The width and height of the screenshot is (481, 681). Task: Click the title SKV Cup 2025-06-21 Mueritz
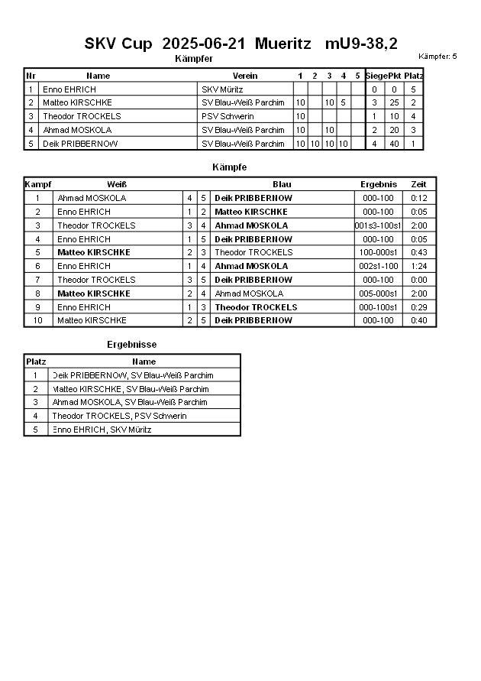click(x=240, y=44)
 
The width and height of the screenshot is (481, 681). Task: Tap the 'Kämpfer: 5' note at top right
click(x=437, y=57)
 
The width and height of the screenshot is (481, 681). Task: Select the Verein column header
click(x=245, y=76)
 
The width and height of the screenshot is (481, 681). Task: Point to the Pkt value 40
click(x=394, y=144)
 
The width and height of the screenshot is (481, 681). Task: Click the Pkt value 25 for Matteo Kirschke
click(x=394, y=103)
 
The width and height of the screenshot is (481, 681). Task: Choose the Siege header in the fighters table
click(x=376, y=76)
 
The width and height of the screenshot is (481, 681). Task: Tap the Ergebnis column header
click(x=379, y=184)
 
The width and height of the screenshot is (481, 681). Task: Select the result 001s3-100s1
click(x=379, y=225)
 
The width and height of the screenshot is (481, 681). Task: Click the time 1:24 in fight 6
click(x=418, y=266)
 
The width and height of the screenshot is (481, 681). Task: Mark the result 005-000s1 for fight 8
click(x=379, y=293)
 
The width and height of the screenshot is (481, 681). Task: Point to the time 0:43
click(x=418, y=252)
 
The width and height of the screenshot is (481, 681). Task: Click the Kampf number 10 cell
click(x=37, y=320)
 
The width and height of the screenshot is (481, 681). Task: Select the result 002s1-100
click(x=379, y=266)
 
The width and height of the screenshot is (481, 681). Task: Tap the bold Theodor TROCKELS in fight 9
click(x=256, y=307)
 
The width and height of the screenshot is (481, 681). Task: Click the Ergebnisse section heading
click(x=131, y=345)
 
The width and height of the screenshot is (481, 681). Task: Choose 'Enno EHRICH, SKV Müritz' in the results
click(x=102, y=430)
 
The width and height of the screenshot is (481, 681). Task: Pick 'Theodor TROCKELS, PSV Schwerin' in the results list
click(x=119, y=416)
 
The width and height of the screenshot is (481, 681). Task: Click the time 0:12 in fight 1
click(x=418, y=198)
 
